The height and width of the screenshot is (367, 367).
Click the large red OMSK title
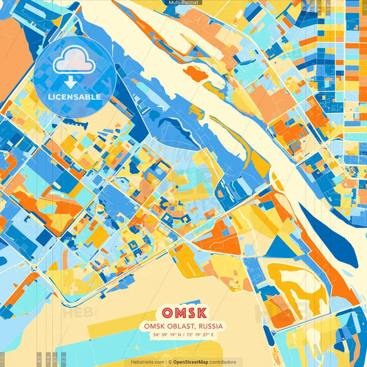pos(183,311)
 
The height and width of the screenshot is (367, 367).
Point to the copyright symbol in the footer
pos(169,361)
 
